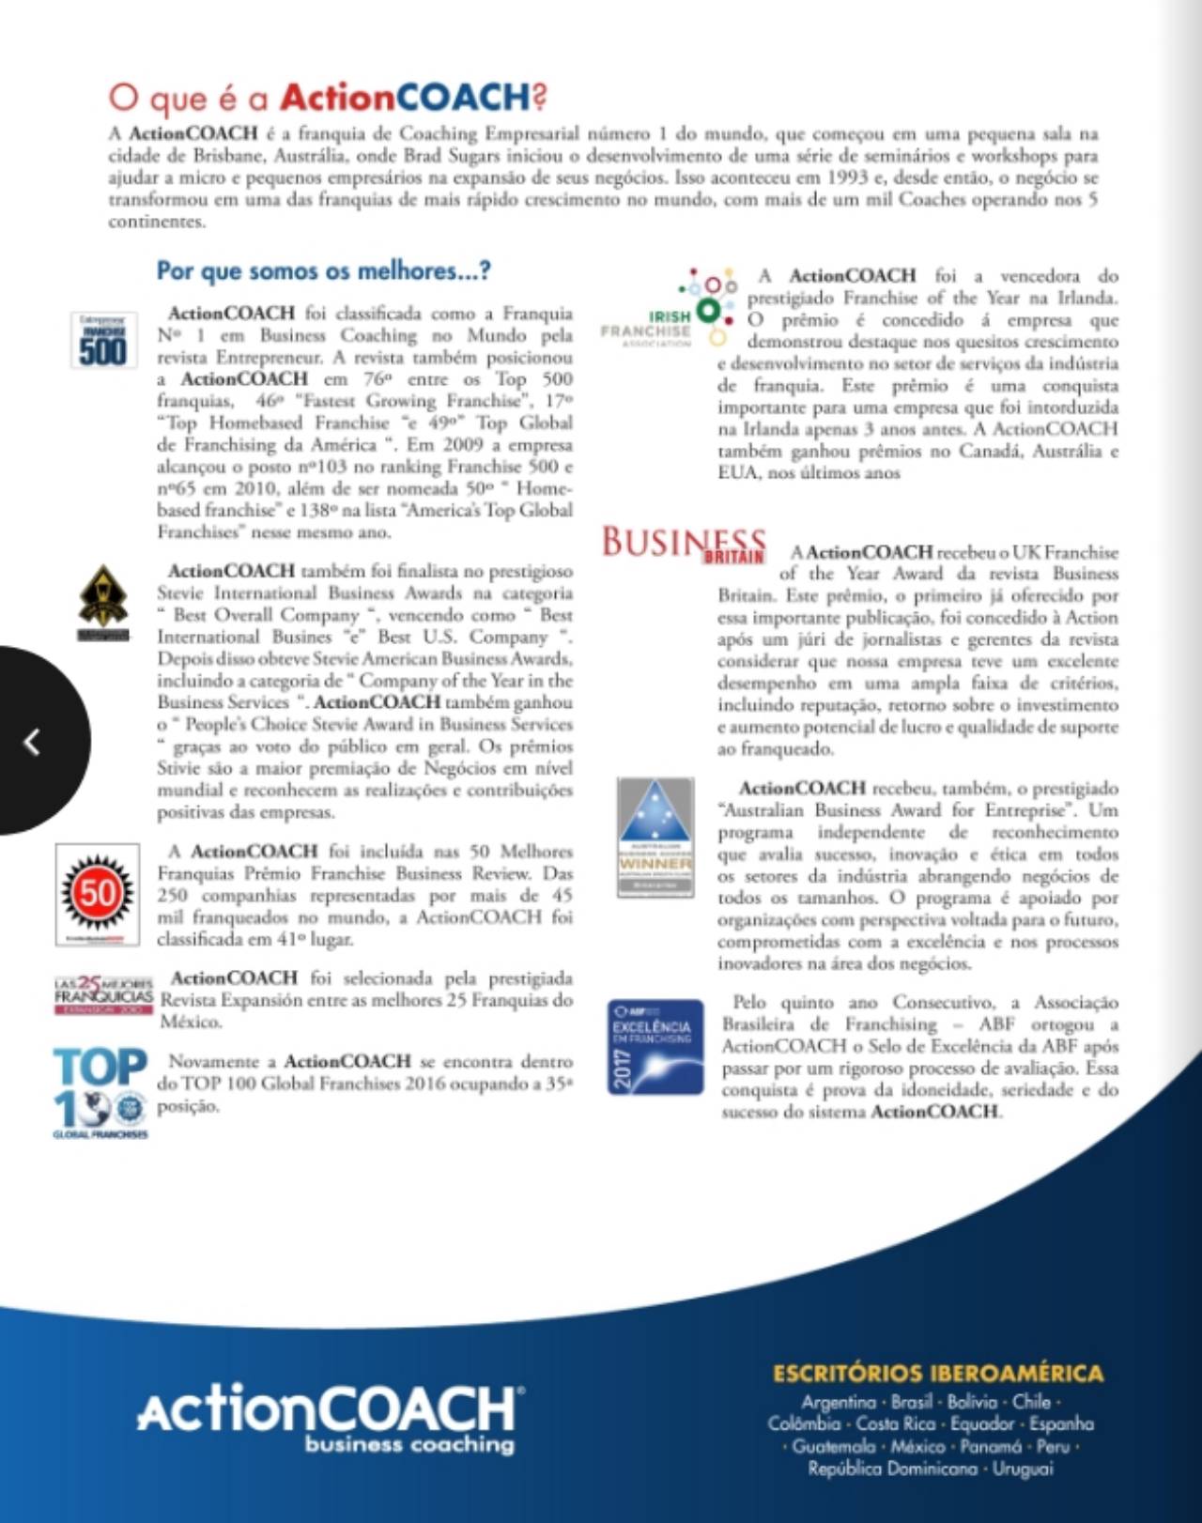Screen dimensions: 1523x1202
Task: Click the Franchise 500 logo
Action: [x=102, y=340]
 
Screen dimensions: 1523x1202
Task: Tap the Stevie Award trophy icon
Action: [x=102, y=601]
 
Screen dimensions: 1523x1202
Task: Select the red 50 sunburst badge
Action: [x=98, y=892]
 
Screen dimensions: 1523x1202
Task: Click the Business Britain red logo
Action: [x=684, y=545]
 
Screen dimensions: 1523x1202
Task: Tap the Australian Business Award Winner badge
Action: [x=655, y=837]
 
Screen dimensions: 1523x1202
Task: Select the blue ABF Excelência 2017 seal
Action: [x=655, y=1047]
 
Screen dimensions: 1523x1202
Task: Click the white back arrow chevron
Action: [x=32, y=742]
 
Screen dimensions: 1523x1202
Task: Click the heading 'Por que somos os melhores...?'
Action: [x=323, y=271]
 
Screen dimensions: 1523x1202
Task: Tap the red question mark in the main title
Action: [x=539, y=97]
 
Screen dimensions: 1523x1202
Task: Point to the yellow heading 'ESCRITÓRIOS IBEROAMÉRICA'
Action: [x=938, y=1374]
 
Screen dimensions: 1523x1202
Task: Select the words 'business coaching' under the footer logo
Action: [x=409, y=1445]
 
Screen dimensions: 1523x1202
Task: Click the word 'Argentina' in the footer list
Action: [x=838, y=1402]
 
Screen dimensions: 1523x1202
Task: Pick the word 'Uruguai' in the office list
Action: [x=1023, y=1469]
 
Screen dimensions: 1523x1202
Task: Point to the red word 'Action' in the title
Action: [x=337, y=97]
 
